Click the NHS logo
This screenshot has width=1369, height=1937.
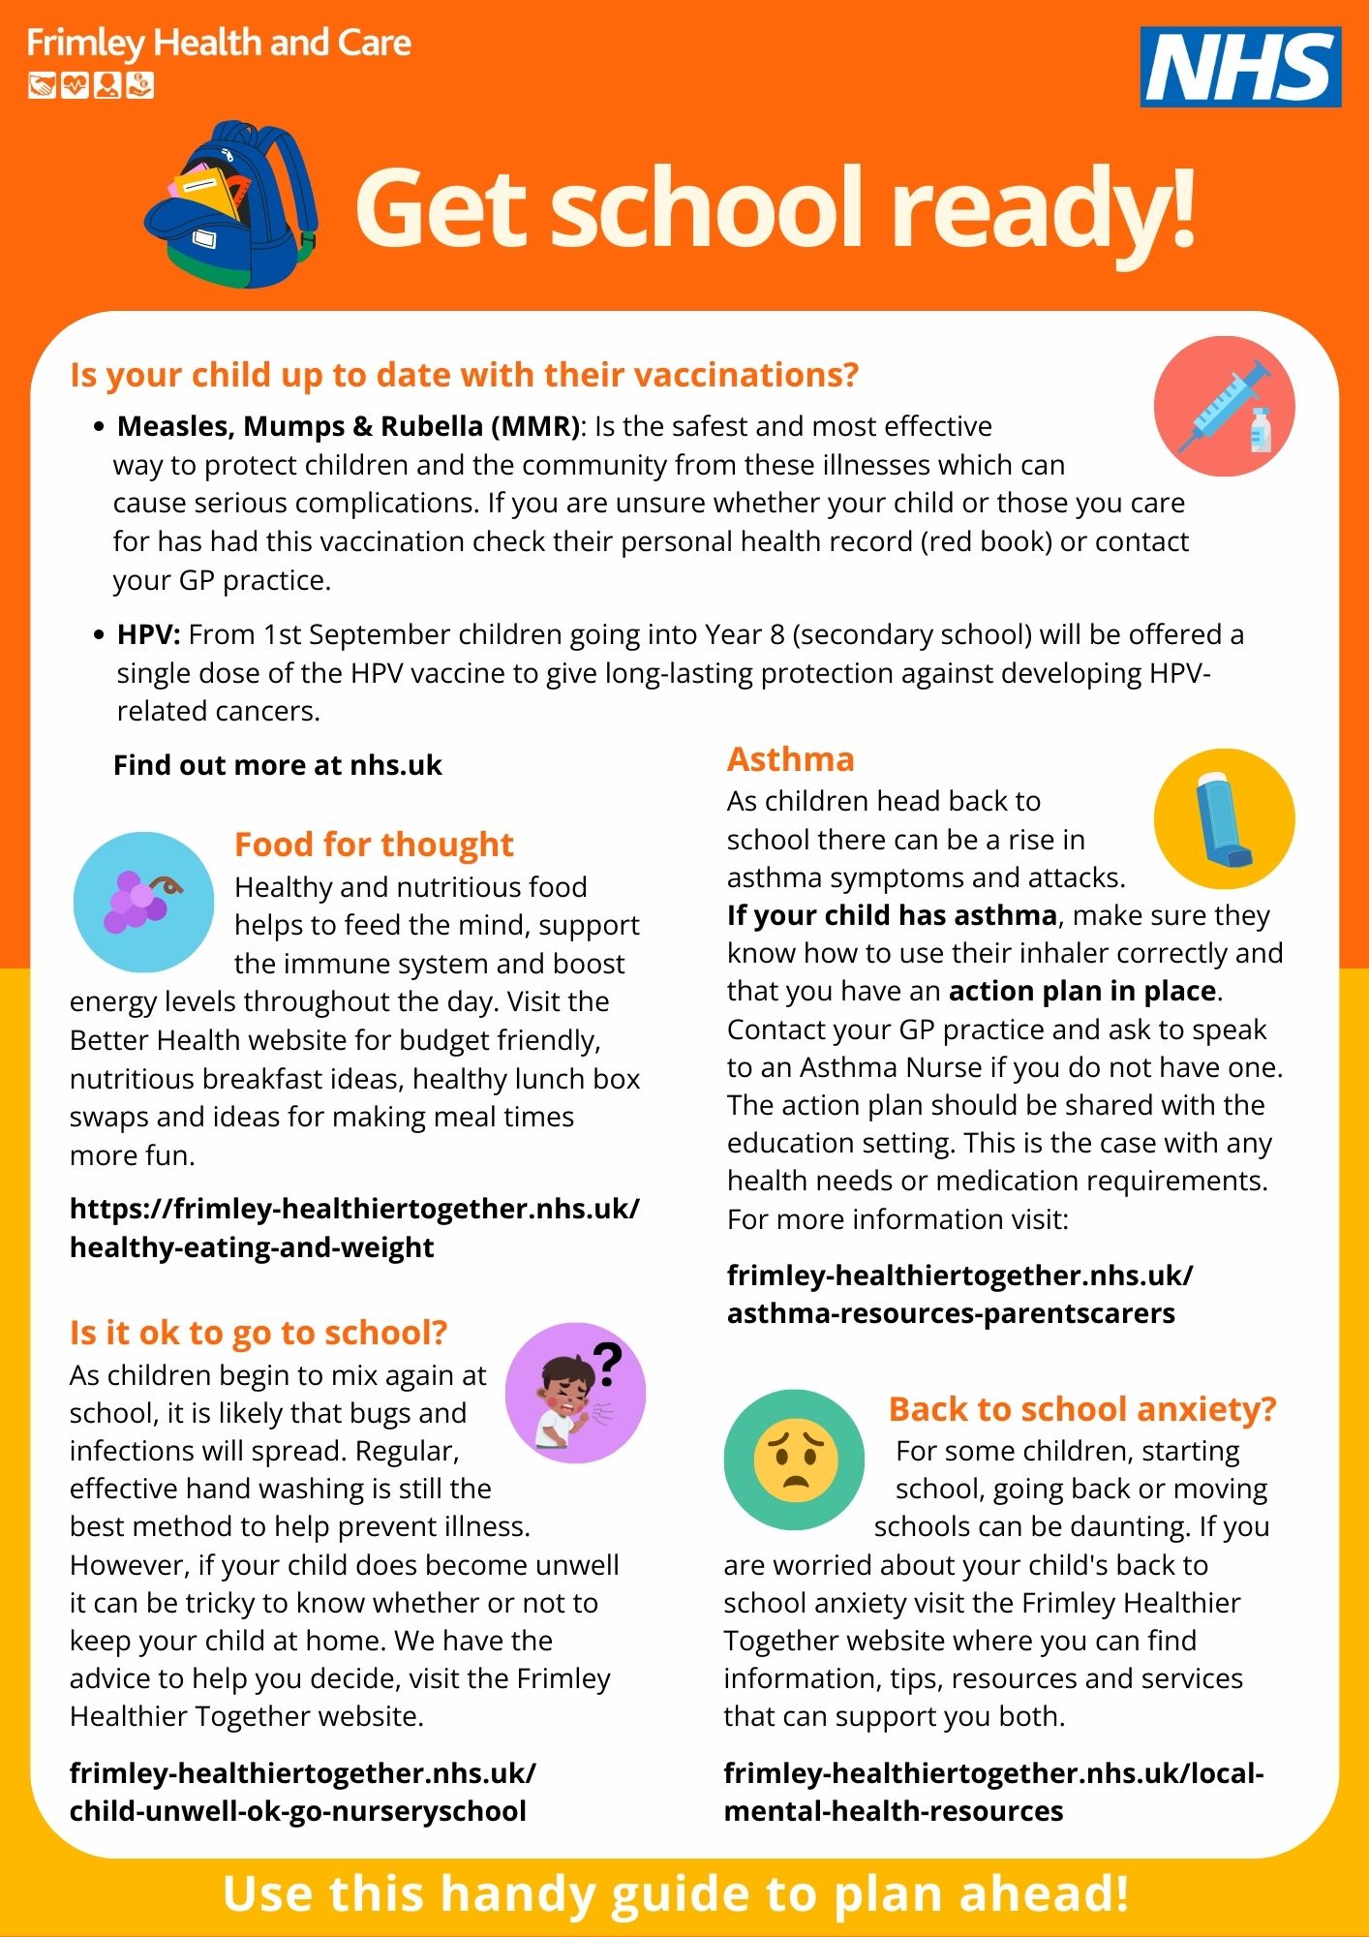coord(1240,66)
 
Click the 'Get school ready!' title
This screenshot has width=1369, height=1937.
coord(776,208)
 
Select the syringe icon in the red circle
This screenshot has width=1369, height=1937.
coord(1224,407)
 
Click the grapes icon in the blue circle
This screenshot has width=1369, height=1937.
coord(143,902)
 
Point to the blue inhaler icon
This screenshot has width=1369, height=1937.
coord(1224,819)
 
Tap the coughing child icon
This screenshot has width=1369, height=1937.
coord(575,1393)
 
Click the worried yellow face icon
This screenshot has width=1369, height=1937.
coord(794,1460)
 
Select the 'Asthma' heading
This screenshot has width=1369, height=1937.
coord(790,759)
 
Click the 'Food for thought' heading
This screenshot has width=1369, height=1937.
coord(374,845)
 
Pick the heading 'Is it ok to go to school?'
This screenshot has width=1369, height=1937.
coord(259,1333)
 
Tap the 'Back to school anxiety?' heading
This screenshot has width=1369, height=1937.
coord(1082,1409)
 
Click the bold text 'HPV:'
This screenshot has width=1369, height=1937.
coord(148,634)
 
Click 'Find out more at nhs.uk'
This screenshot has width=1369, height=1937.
coord(277,765)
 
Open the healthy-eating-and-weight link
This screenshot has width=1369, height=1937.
coord(354,1227)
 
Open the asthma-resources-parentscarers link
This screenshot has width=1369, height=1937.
coord(959,1294)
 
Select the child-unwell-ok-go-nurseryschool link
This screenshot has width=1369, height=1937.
coord(302,1792)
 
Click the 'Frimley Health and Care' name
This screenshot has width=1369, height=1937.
coord(219,44)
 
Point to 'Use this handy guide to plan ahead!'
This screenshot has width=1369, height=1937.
coord(676,1894)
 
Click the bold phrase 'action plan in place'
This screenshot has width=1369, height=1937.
coord(1082,991)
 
